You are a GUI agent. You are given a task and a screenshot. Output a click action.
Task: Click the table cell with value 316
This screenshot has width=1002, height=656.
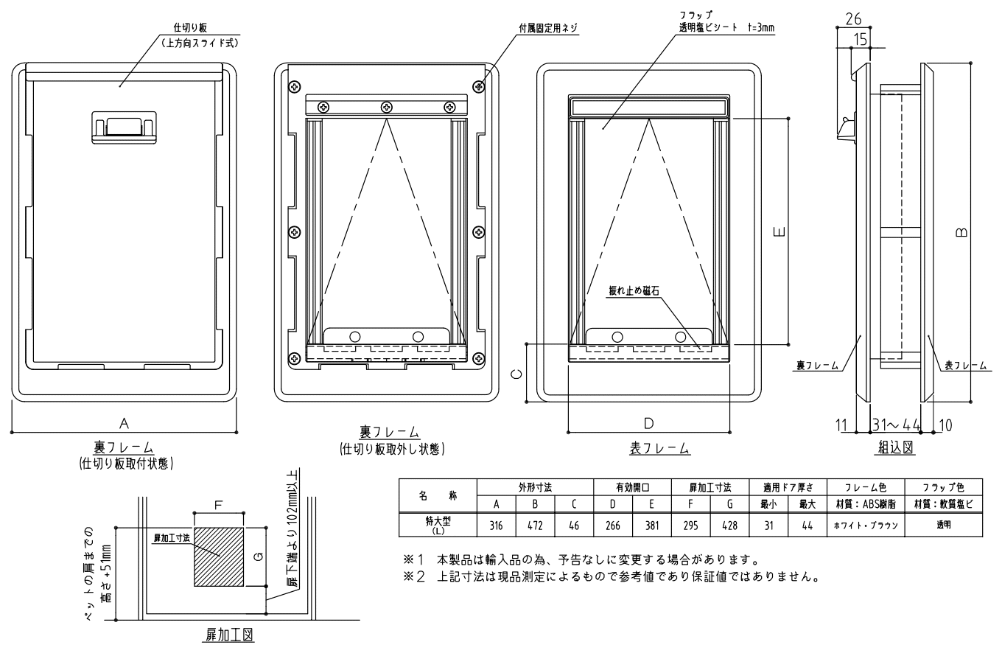pos(496,526)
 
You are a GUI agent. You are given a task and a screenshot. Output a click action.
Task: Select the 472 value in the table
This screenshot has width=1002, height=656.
pos(535,526)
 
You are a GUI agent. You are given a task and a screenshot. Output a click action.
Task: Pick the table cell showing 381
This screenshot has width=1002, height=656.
pos(652,526)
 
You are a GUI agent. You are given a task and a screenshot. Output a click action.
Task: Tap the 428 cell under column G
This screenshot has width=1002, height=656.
pos(729,526)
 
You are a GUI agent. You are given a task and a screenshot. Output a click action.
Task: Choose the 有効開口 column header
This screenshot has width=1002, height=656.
pos(632,487)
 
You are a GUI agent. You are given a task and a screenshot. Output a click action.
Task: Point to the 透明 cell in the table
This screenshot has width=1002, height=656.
pos(943,526)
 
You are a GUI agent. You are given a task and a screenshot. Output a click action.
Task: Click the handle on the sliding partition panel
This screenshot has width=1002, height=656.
pos(124,128)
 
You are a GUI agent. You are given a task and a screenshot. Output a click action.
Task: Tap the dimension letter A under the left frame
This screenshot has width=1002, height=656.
pos(124,423)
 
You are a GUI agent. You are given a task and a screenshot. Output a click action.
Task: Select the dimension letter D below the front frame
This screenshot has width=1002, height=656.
pos(648,423)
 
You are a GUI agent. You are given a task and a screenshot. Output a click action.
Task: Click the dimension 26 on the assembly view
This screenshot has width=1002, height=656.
pos(853,18)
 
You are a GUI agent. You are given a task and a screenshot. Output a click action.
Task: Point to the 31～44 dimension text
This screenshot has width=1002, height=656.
pos(896,425)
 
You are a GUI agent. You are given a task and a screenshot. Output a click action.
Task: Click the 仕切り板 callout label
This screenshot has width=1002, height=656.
pos(190,28)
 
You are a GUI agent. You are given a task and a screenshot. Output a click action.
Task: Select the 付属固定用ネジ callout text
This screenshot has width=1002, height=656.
pos(548,28)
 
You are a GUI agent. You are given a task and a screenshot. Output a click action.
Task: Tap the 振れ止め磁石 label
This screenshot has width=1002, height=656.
pos(634,290)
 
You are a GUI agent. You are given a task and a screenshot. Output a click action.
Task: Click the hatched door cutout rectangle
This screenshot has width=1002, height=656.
pos(219,556)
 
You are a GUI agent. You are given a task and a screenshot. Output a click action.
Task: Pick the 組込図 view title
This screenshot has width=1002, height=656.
pos(895,447)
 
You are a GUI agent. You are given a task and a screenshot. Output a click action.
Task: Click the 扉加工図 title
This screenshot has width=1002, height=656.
pos(229,635)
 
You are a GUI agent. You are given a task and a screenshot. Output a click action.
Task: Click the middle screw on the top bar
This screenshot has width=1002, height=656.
pos(387,107)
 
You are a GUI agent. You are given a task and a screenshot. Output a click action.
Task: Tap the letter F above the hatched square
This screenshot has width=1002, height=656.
pos(218,506)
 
